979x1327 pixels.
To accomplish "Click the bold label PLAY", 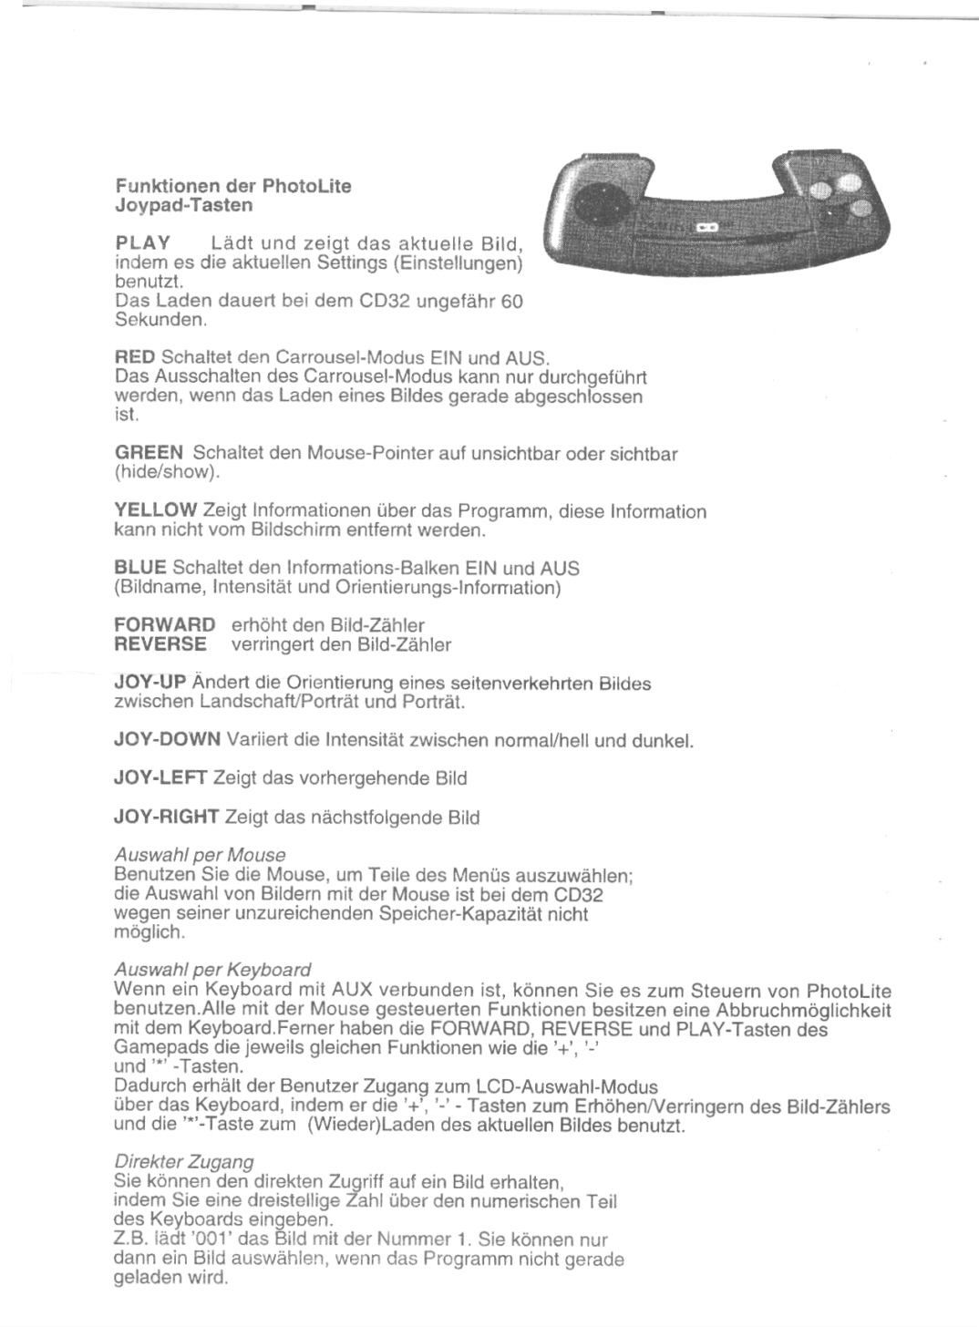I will [143, 243].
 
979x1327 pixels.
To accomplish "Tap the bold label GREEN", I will [149, 453].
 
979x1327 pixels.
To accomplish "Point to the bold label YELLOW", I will [156, 510].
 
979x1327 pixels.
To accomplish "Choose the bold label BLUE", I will [140, 568].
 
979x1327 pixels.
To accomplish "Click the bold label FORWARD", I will [165, 625].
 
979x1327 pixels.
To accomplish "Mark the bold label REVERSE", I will [161, 644].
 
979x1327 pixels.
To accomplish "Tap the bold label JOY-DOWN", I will [168, 740].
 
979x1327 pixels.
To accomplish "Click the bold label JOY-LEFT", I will [160, 778].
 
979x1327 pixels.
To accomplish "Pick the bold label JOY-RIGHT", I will [167, 817].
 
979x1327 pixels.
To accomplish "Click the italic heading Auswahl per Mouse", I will [201, 855].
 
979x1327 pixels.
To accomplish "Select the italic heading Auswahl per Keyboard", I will [213, 970].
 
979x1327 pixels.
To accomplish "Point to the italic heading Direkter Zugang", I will [184, 1162].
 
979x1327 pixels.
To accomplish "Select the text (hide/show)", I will [167, 472].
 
